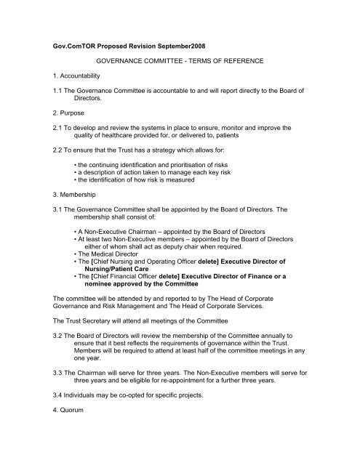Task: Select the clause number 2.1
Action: point(51,139)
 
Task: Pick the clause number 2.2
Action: point(51,167)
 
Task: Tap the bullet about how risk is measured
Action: point(161,205)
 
